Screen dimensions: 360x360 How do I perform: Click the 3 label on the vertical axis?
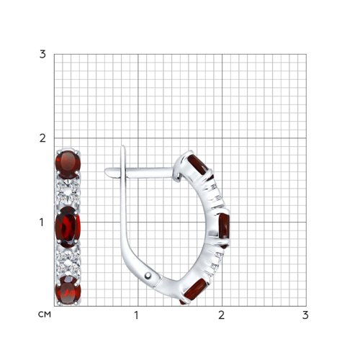point(42,55)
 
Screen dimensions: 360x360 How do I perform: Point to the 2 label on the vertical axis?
point(42,138)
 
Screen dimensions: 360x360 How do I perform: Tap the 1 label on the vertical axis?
point(42,222)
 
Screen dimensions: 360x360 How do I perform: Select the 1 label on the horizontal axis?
point(136,315)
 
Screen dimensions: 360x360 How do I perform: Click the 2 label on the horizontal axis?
point(221,315)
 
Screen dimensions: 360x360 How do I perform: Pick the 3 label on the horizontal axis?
point(305,315)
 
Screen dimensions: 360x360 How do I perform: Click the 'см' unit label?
point(45,315)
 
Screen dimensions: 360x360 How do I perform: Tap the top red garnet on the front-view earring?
point(68,164)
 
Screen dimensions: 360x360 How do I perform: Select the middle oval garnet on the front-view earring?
point(68,227)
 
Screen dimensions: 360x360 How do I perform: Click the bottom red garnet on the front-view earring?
point(68,290)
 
